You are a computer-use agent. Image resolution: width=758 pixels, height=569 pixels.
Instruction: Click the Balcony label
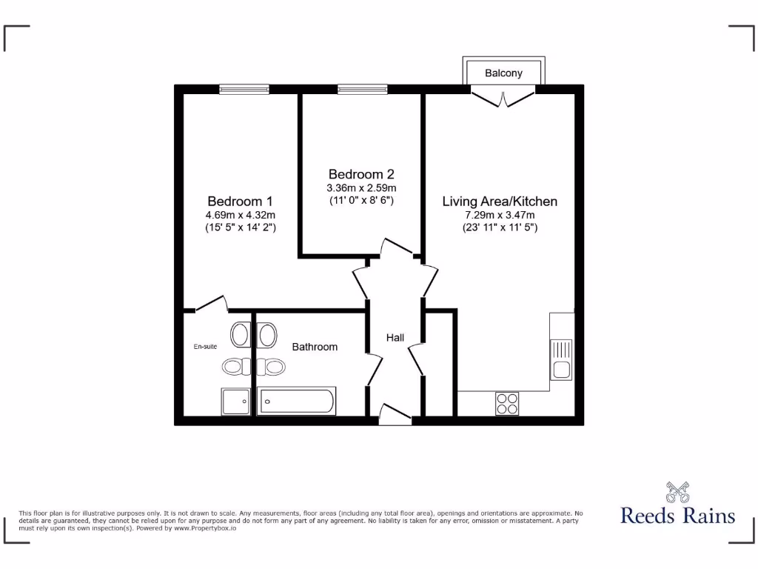pyautogui.click(x=503, y=73)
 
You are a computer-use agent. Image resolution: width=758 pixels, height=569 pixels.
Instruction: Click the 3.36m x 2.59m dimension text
pyautogui.click(x=362, y=187)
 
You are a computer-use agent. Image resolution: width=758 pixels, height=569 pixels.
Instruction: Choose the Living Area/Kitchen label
pyautogui.click(x=500, y=201)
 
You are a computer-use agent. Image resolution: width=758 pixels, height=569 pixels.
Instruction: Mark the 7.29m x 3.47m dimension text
pyautogui.click(x=500, y=215)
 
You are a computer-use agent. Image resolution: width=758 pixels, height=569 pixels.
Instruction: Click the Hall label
pyautogui.click(x=395, y=338)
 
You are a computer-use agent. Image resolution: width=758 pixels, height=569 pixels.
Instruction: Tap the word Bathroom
pyautogui.click(x=315, y=347)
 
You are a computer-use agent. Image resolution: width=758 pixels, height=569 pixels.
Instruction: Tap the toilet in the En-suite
pyautogui.click(x=241, y=335)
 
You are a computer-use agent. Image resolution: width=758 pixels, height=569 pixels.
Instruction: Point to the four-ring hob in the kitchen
pyautogui.click(x=507, y=403)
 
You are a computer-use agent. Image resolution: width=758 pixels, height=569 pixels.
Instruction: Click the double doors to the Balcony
pyautogui.click(x=504, y=96)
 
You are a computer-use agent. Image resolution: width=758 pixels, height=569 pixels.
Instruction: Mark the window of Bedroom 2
pyautogui.click(x=362, y=90)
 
